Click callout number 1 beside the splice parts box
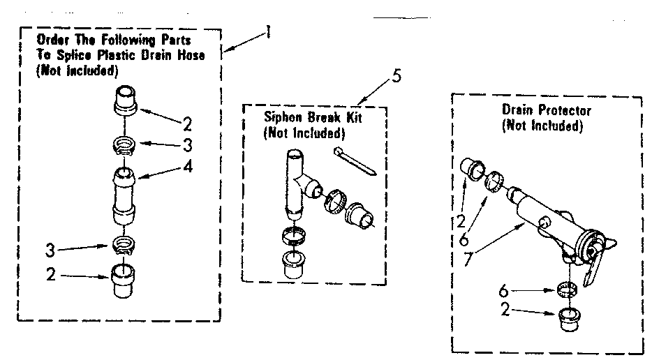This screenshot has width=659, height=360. (x=267, y=33)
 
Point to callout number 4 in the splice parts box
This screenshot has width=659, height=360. (x=186, y=168)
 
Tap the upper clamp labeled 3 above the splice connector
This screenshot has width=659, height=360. (x=123, y=145)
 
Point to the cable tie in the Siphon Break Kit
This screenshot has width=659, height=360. (x=355, y=160)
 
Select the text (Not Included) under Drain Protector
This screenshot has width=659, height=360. (x=542, y=126)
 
